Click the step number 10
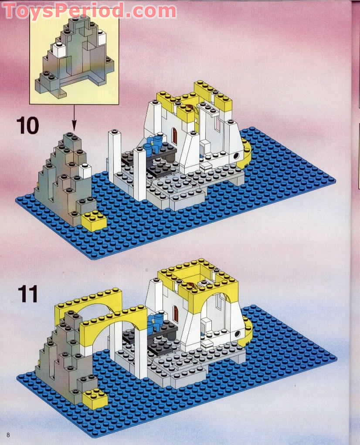click(27, 125)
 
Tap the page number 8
click(8, 435)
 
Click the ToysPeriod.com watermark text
click(90, 10)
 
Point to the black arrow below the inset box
click(74, 118)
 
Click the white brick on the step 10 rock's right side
click(86, 171)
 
